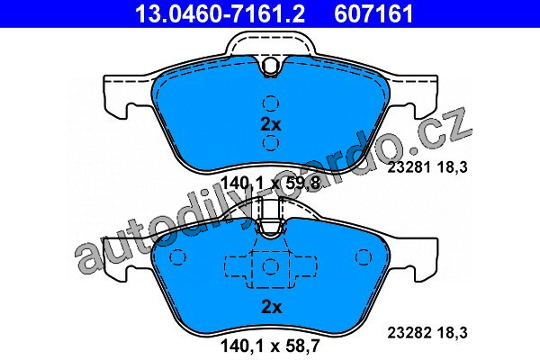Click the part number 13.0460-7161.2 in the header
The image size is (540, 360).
tap(220, 13)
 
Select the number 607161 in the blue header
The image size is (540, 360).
tap(373, 13)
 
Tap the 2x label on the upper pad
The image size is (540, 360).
tap(271, 125)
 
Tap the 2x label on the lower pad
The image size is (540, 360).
tap(272, 307)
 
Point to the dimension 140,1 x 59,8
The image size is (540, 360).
tap(270, 183)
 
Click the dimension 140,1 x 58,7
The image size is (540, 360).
tap(270, 346)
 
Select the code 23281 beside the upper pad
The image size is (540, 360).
tap(409, 167)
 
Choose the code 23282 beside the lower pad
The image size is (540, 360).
tap(409, 333)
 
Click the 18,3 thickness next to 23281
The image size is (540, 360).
tap(453, 167)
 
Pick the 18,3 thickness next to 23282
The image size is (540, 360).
tap(453, 333)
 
